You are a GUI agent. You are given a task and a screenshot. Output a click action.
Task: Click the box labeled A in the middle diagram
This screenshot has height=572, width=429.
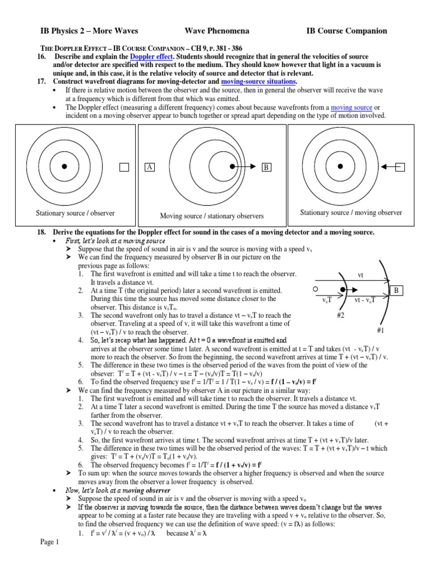[x=149, y=167]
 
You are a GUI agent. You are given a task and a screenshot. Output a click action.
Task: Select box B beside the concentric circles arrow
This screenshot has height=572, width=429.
[x=266, y=167]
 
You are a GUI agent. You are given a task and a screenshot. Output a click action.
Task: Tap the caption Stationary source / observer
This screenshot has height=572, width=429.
[x=75, y=213]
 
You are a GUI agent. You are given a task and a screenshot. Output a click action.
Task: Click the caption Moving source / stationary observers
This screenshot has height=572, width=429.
[x=212, y=216]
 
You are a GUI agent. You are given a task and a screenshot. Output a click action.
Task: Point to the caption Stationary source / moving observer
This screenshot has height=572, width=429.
[x=351, y=212]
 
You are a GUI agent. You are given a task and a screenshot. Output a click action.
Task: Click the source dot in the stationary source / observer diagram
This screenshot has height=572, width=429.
[x=65, y=166]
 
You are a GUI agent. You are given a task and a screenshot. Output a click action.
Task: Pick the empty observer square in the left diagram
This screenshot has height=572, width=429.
[x=124, y=167]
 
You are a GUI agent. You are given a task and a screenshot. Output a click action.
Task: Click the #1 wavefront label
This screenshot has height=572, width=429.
[x=381, y=331]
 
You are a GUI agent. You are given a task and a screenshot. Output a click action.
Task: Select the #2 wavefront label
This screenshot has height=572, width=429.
[x=342, y=316]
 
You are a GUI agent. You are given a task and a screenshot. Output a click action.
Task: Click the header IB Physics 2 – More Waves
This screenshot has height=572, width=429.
[x=89, y=31]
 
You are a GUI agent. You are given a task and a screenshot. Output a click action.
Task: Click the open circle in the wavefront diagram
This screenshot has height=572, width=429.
[x=316, y=289]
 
